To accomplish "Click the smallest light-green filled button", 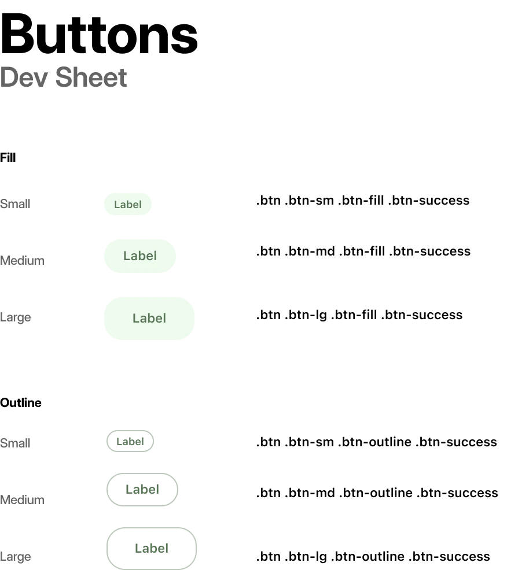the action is [x=127, y=203].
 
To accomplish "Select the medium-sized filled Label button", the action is [x=139, y=254].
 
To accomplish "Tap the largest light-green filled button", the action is [x=148, y=319].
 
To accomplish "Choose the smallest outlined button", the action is [x=131, y=442].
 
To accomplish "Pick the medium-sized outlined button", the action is [x=143, y=490].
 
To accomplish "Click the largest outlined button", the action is [x=152, y=548].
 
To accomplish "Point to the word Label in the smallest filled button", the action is [x=127, y=205].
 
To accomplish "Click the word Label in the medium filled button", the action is [x=140, y=256].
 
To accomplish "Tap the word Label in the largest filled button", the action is [x=149, y=319].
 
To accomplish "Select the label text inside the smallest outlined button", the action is [x=130, y=442].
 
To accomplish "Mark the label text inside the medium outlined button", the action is [x=142, y=490].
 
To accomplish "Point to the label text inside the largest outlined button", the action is [x=152, y=549].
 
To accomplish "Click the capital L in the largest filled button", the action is [x=136, y=319].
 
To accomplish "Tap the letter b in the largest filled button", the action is [x=151, y=318].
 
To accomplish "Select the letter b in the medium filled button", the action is [x=142, y=255].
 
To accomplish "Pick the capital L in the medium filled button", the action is [x=127, y=256].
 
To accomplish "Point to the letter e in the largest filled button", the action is [x=159, y=319].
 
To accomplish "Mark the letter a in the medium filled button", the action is [x=134, y=256].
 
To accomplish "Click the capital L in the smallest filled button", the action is [x=116, y=205].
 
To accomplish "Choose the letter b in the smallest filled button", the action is [x=129, y=204].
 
